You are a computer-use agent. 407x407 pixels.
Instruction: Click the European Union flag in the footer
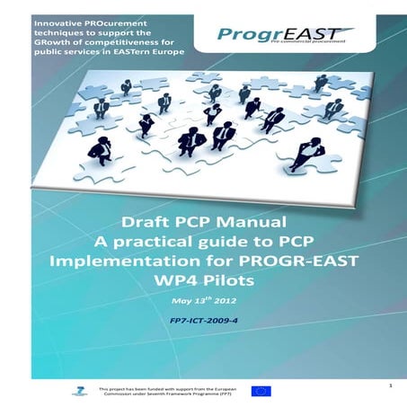tap(261, 390)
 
